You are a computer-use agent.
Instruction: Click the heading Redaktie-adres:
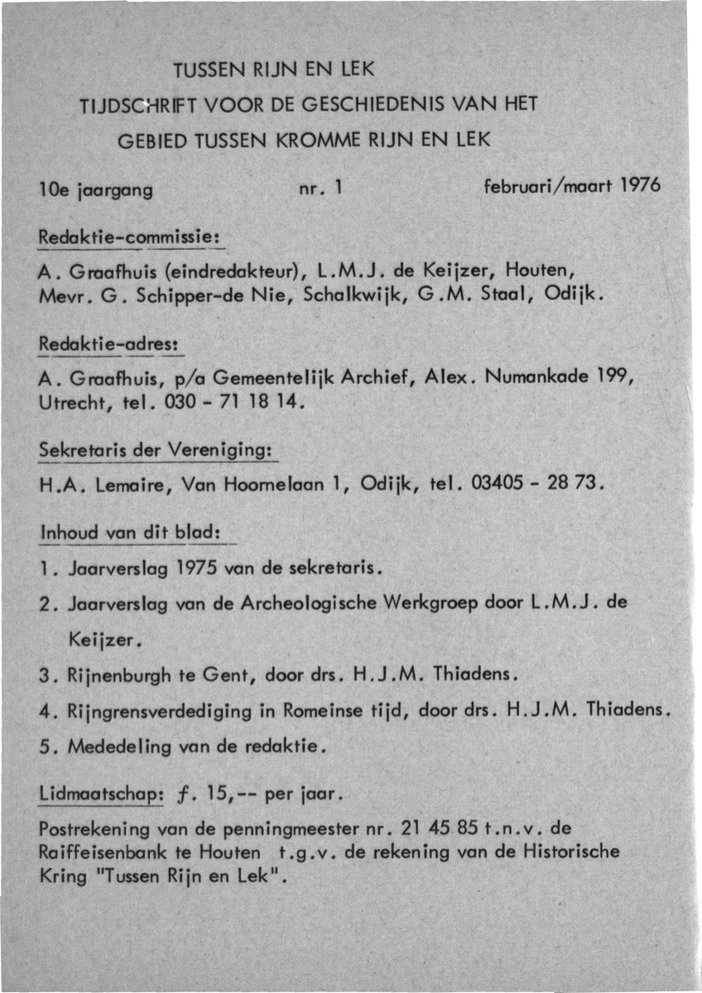[111, 342]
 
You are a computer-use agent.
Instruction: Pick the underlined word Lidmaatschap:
[99, 794]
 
